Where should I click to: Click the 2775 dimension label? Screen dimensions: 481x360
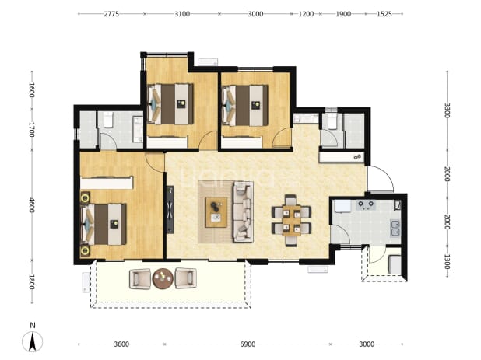[111, 14]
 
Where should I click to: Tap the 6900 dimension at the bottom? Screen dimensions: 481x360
[248, 344]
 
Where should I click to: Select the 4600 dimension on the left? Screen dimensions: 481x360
[32, 205]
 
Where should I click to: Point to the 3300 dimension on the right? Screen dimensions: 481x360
[447, 110]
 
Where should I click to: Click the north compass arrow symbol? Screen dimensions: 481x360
[32, 341]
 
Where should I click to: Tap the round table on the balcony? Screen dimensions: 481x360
[163, 278]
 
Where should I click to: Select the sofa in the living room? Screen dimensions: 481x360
[244, 211]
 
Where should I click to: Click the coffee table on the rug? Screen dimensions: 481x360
[216, 212]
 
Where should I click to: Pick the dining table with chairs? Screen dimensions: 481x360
[291, 220]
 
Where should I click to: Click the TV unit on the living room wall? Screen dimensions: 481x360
[170, 210]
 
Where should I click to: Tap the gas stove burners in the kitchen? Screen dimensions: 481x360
[366, 204]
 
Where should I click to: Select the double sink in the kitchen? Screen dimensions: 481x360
[395, 229]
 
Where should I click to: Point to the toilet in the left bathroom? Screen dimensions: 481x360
[108, 120]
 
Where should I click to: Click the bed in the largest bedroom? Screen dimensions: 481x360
[103, 225]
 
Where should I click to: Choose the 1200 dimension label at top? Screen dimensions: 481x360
[306, 14]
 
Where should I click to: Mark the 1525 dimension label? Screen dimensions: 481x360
[384, 14]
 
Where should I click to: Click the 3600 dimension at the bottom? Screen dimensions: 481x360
[121, 344]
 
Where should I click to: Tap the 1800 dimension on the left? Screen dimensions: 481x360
[32, 282]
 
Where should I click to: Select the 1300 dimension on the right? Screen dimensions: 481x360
[447, 262]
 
